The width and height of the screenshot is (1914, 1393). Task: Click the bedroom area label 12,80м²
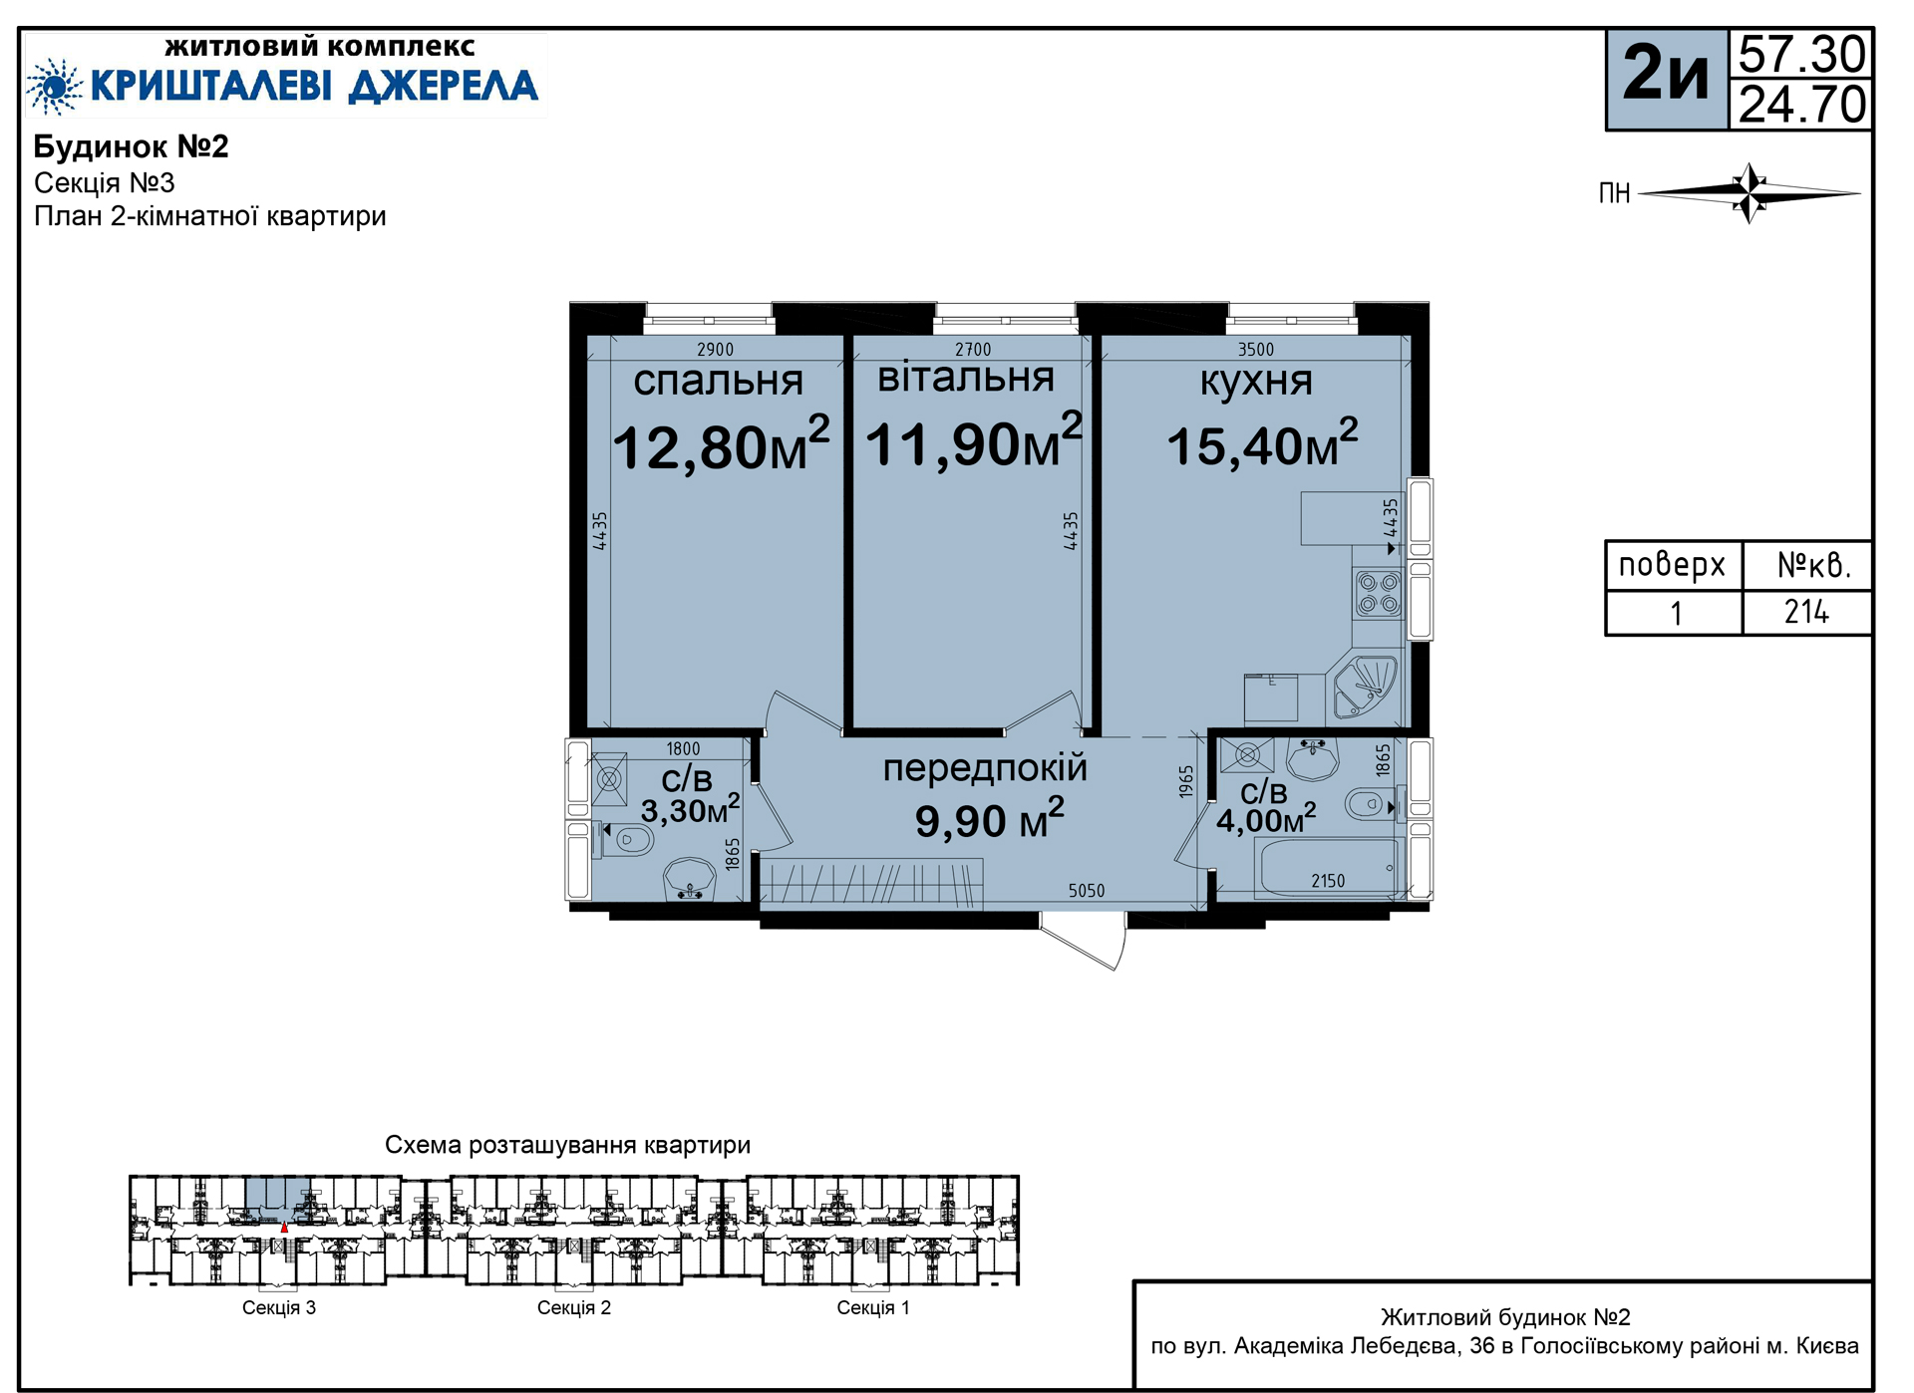point(721,443)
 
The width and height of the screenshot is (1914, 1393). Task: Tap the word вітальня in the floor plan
point(965,378)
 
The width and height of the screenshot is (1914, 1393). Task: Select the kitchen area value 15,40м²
point(1262,443)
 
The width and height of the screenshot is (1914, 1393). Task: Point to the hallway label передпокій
point(985,768)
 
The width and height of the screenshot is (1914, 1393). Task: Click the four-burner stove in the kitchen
point(1379,593)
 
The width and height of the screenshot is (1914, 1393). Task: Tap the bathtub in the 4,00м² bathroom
point(1330,868)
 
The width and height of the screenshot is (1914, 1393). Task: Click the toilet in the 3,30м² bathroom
point(625,840)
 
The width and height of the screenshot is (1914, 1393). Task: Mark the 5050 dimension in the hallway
point(1087,891)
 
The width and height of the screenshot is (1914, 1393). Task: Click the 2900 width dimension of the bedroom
point(715,350)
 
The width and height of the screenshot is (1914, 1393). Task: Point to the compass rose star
point(1750,192)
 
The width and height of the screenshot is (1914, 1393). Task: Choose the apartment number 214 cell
point(1806,612)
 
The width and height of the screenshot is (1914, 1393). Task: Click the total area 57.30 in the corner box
point(1801,54)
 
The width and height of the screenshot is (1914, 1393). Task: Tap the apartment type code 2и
point(1666,73)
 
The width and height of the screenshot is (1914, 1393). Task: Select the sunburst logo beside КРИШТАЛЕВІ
point(55,87)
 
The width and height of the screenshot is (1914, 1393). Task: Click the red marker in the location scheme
point(284,1229)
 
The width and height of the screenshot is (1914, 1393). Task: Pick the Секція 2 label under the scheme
point(574,1307)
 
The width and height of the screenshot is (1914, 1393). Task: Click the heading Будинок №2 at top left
point(132,146)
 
